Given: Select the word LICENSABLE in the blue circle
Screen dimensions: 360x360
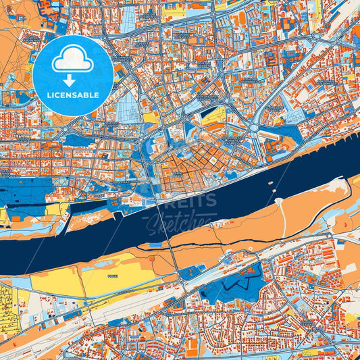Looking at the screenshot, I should click(x=73, y=95).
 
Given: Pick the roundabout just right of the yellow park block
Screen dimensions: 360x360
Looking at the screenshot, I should click(x=254, y=127).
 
